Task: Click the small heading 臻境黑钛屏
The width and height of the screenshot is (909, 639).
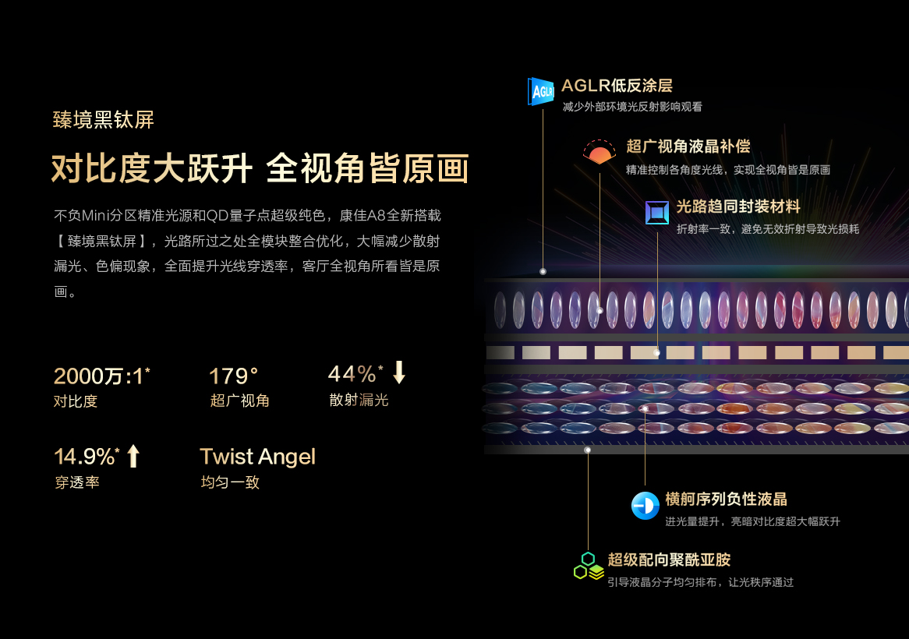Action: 104,120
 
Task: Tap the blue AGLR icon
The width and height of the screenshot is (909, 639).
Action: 541,90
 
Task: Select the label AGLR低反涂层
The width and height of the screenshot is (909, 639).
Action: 617,86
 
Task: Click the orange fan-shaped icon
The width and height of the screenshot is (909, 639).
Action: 600,152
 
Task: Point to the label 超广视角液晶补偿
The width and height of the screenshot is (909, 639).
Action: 688,147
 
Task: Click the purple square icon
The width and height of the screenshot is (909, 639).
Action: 657,212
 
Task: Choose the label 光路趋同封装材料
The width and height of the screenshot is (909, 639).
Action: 737,207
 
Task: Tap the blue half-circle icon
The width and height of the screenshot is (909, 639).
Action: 645,506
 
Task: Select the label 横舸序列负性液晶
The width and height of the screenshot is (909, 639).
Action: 726,500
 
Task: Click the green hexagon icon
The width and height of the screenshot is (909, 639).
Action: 588,567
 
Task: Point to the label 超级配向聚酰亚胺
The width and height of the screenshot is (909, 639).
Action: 669,560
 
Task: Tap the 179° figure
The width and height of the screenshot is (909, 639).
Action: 234,376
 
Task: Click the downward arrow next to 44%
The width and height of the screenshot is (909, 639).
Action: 399,372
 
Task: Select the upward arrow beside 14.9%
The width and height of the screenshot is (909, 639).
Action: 133,455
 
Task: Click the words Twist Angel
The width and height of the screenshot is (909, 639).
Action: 257,456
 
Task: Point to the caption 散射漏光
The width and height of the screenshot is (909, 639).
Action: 359,401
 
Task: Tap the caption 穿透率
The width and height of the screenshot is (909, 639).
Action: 77,482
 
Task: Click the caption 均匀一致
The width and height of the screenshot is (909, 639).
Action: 230,482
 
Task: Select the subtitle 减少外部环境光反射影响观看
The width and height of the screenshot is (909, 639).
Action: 631,107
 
